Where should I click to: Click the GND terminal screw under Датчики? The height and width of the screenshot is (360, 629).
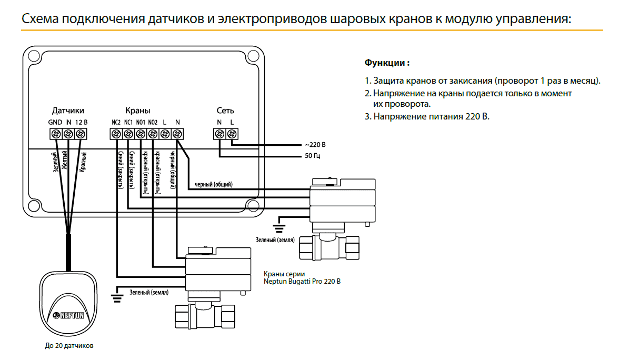(56, 134)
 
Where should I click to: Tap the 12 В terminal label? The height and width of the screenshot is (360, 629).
(81, 122)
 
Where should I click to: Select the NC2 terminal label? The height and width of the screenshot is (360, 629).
(116, 122)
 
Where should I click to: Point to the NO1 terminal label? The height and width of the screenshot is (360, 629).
(140, 122)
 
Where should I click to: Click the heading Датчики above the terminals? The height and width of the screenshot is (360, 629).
(68, 111)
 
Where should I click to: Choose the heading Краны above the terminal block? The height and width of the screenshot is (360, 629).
(137, 111)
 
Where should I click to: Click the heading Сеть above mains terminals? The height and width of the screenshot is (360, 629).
(225, 111)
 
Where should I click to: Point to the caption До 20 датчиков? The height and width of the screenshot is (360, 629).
(68, 346)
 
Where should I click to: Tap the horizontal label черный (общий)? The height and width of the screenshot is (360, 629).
(214, 184)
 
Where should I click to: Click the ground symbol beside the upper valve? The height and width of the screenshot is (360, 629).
(279, 227)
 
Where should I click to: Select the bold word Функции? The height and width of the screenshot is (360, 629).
(387, 63)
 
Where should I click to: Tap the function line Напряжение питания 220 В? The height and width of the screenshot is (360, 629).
(427, 116)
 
